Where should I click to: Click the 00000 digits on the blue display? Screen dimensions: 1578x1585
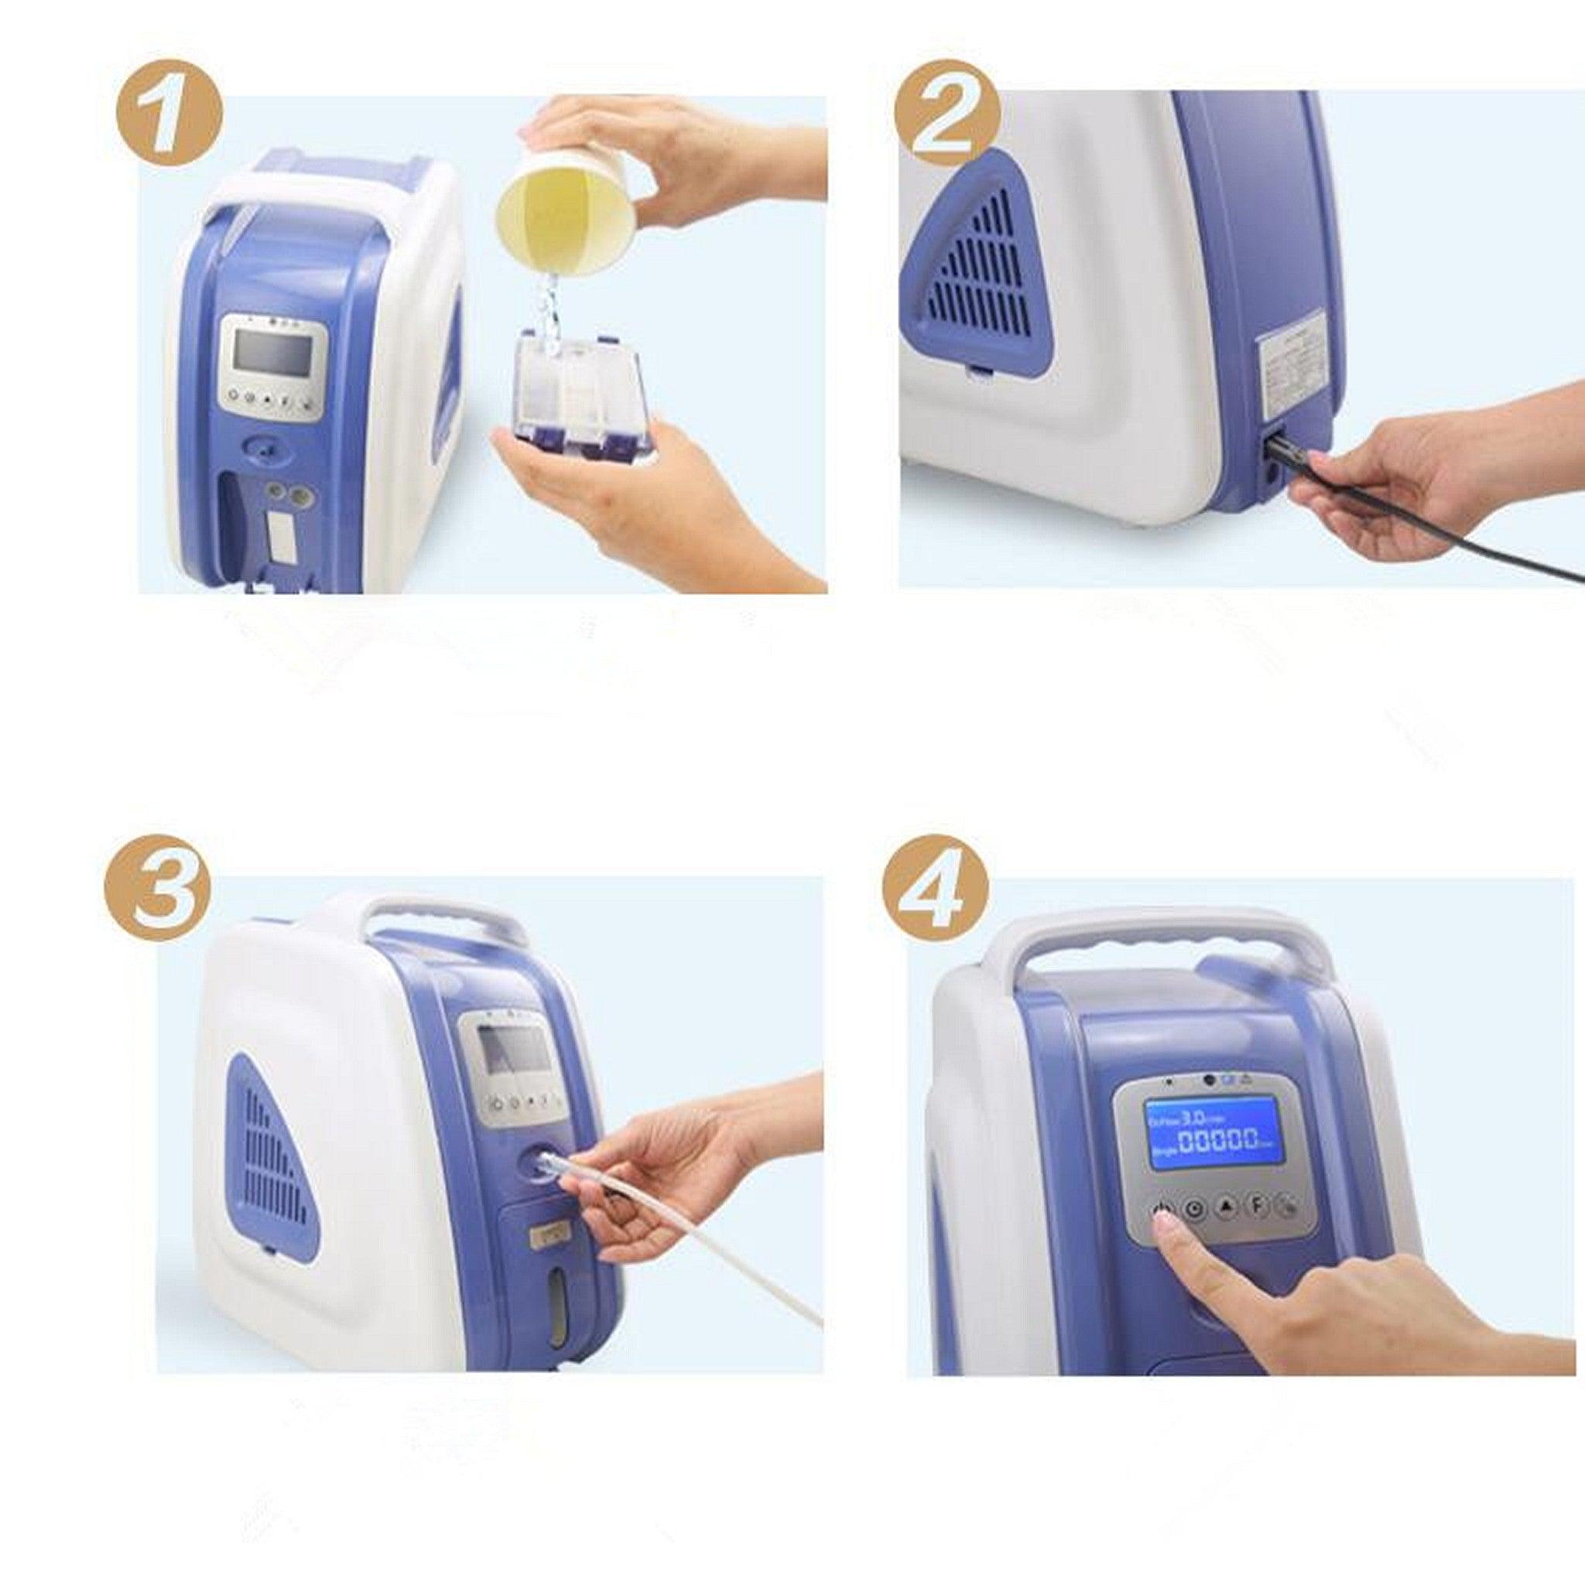(1219, 1141)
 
